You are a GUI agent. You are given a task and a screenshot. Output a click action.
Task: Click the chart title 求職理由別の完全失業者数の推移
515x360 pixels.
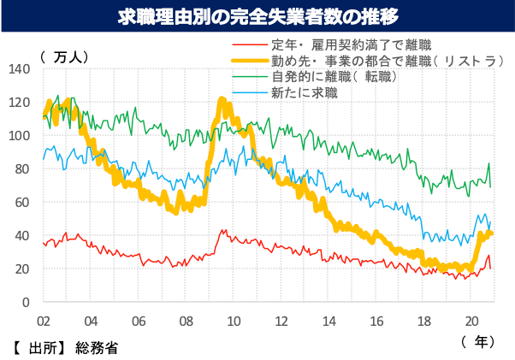click(x=257, y=16)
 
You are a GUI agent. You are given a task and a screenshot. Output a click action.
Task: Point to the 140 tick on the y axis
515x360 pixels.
click(x=20, y=69)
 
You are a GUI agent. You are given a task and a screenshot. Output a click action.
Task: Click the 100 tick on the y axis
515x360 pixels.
click(x=20, y=136)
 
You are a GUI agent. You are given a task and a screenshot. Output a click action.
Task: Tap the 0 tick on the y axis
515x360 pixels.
click(x=26, y=303)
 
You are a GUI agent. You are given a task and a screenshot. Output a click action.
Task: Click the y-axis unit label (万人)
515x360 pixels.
click(x=64, y=56)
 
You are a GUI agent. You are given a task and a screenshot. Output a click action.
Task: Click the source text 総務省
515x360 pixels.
click(x=97, y=347)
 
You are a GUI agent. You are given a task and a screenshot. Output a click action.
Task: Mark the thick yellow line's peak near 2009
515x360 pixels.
click(x=222, y=100)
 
